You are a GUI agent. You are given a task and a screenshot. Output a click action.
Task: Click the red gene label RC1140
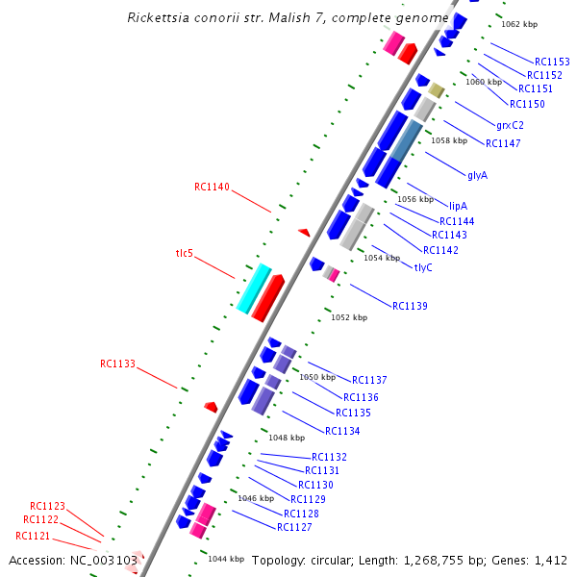212,187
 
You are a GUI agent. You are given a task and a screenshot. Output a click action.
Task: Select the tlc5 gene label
184,253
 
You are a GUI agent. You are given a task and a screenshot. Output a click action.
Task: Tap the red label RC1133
117,364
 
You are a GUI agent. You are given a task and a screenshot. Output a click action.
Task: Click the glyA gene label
477,175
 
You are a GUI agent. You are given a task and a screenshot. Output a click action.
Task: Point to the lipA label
458,206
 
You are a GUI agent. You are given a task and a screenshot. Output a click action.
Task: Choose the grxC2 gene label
510,125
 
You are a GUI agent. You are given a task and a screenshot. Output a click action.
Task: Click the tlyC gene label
423,267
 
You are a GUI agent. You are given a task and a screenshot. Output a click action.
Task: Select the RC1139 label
410,306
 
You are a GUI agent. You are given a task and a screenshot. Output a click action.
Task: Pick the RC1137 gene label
369,380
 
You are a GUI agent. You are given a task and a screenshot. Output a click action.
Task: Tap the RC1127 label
294,527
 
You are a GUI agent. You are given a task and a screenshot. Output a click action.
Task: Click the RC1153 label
552,62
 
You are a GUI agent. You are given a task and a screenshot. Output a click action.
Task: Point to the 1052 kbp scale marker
349,317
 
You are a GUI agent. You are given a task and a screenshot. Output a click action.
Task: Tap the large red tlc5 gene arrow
267,297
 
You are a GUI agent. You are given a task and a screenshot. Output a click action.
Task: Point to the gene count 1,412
550,560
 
